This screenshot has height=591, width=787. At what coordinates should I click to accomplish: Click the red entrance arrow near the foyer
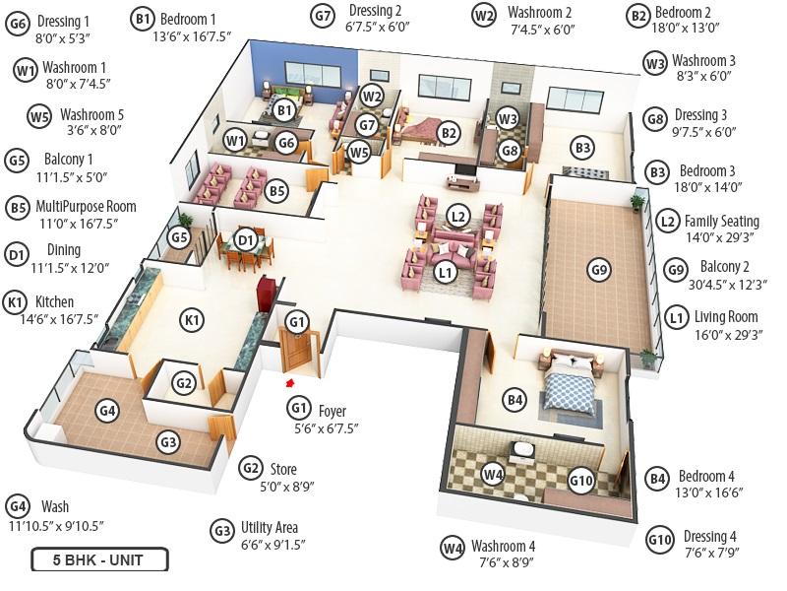[x=289, y=383]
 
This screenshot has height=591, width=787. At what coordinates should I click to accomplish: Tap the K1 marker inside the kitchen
[x=192, y=320]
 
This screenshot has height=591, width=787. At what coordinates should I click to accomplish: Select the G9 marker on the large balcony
[x=599, y=270]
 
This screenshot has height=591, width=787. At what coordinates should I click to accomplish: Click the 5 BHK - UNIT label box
[x=99, y=559]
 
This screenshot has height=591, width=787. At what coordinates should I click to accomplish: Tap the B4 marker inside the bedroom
[x=515, y=400]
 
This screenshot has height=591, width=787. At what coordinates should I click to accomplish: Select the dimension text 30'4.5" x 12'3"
[x=727, y=285]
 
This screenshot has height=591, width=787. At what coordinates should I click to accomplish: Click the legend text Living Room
[x=726, y=317]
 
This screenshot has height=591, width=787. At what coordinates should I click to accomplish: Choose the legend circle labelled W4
[x=453, y=548]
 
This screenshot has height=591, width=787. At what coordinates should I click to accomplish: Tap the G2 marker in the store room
[x=184, y=383]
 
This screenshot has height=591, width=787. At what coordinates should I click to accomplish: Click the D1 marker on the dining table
[x=245, y=240]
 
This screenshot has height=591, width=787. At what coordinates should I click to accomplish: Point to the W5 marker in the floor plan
[x=359, y=153]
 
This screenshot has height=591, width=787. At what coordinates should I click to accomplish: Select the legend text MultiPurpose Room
[x=86, y=207]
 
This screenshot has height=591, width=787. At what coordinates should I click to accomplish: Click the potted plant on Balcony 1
[x=185, y=221]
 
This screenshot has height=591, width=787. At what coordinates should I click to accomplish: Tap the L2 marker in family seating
[x=457, y=217]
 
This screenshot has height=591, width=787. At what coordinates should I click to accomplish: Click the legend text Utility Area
[x=270, y=527]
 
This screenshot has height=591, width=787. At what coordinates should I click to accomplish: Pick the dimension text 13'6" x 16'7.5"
[x=192, y=36]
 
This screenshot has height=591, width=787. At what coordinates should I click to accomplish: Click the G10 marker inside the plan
[x=581, y=481]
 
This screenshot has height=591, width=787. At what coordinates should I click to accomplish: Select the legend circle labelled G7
[x=323, y=16]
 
